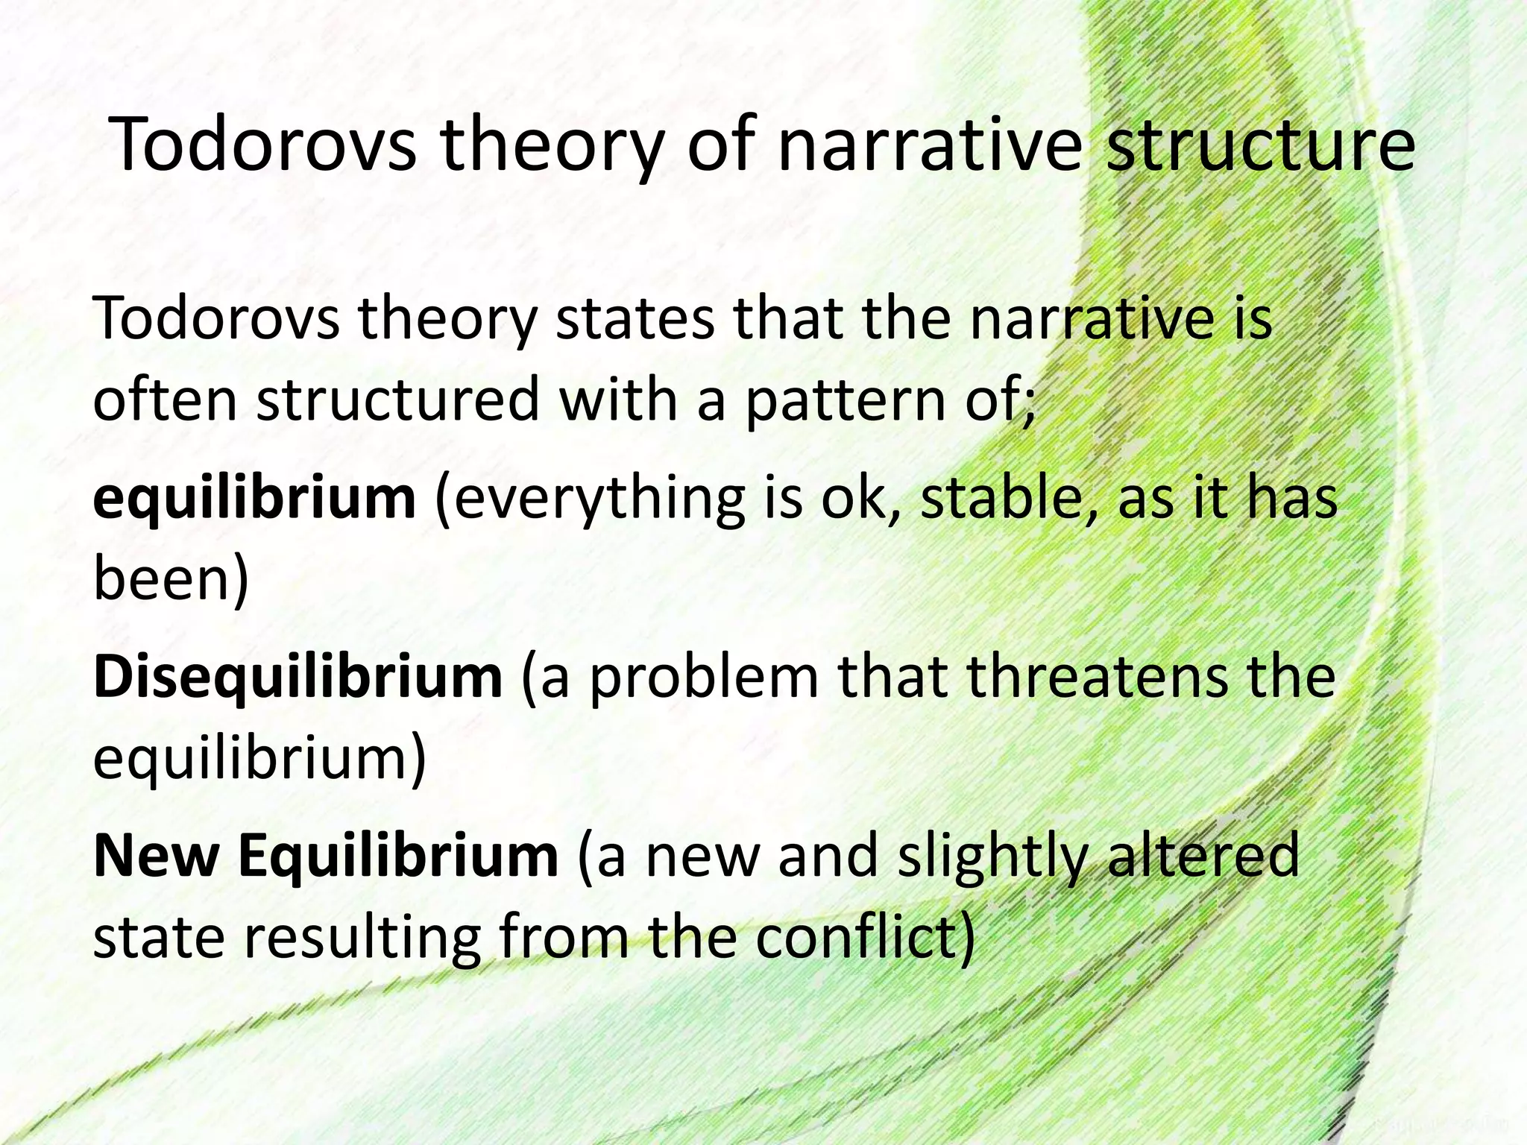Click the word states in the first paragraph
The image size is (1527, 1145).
coord(636,319)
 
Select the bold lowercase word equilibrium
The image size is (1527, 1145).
coord(254,499)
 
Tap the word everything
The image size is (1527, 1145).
coord(590,499)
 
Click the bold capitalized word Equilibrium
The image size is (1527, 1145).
coord(398,857)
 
